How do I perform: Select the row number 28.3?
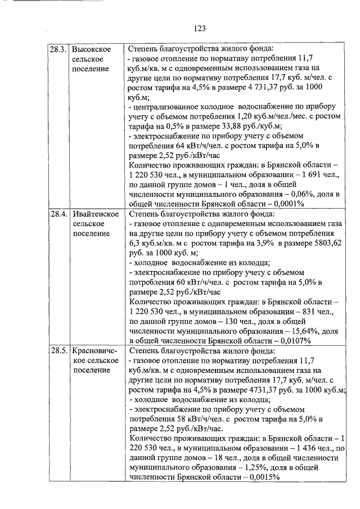pyautogui.click(x=58, y=49)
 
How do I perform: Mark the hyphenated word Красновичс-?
pyautogui.click(x=95, y=351)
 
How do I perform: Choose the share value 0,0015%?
pyautogui.click(x=263, y=477)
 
